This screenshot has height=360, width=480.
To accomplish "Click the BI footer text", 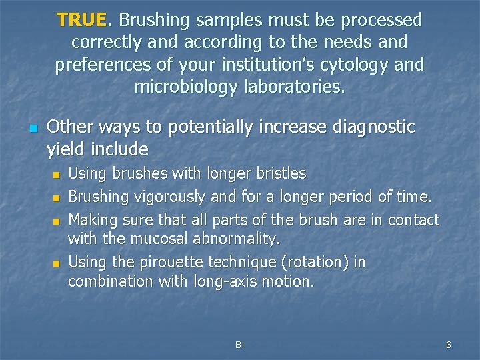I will coord(239,345).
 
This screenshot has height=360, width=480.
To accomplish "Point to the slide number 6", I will coord(448,345).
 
